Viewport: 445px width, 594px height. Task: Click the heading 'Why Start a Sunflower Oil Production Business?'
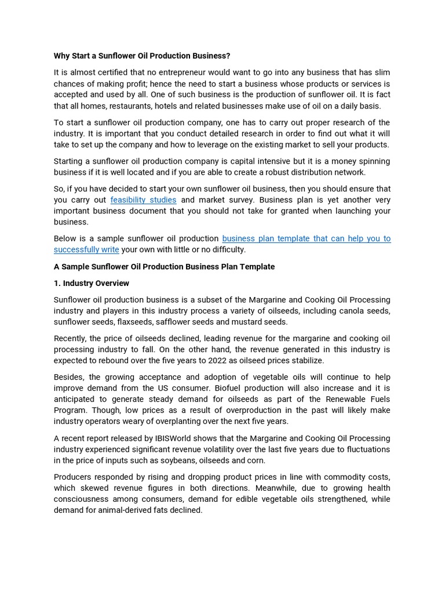coord(142,56)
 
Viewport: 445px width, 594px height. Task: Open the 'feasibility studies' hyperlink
coord(143,200)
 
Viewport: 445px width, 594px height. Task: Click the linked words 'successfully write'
coord(86,249)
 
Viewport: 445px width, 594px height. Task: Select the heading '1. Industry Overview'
coord(92,283)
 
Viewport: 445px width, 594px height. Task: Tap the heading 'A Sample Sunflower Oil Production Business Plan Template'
coord(164,267)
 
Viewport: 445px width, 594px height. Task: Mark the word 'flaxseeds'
coord(134,322)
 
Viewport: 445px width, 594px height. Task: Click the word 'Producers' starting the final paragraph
coord(73,477)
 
